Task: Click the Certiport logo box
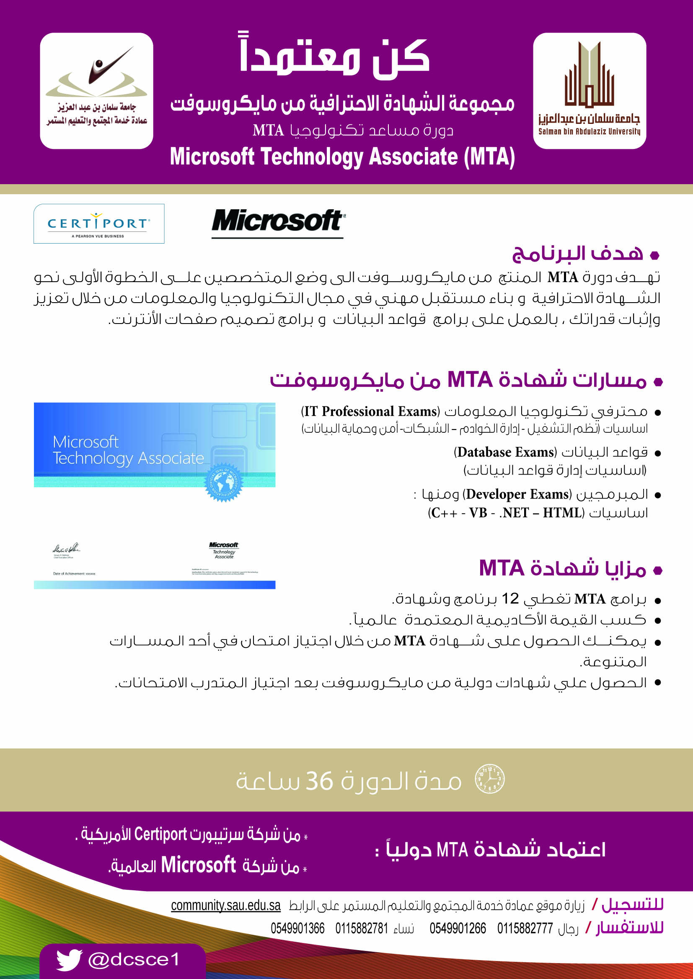[x=99, y=224]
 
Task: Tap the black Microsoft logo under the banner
[x=278, y=222]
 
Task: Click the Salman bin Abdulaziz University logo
[x=590, y=91]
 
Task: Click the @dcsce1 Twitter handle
[x=134, y=960]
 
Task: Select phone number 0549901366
[x=297, y=928]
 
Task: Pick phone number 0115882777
[x=525, y=928]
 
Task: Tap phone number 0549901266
[x=458, y=928]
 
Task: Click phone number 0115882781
[x=362, y=928]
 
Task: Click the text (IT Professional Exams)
[x=370, y=411]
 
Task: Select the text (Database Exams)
[x=505, y=452]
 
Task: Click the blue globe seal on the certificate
[x=223, y=482]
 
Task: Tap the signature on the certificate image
[x=66, y=548]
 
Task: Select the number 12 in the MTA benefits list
[x=509, y=599]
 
